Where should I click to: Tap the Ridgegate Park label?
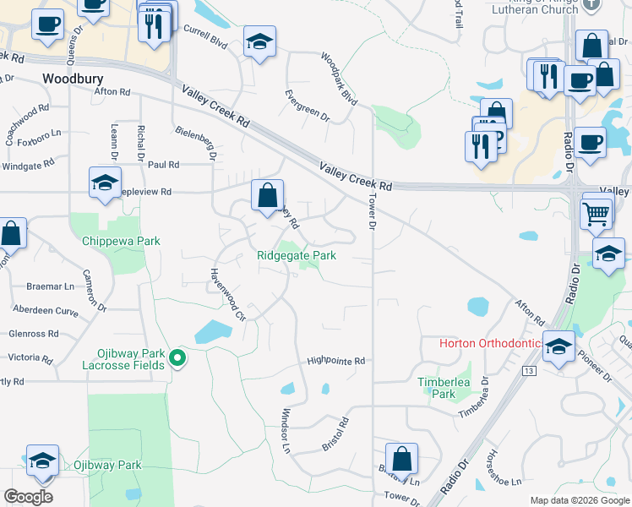297,255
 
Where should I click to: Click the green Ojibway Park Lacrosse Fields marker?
177,359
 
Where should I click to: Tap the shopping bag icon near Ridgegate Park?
267,196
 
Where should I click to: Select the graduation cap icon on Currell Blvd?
259,41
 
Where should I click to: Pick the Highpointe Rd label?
335,361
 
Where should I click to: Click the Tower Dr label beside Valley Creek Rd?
371,211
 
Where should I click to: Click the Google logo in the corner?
29,496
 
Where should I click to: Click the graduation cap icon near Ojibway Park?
42,460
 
